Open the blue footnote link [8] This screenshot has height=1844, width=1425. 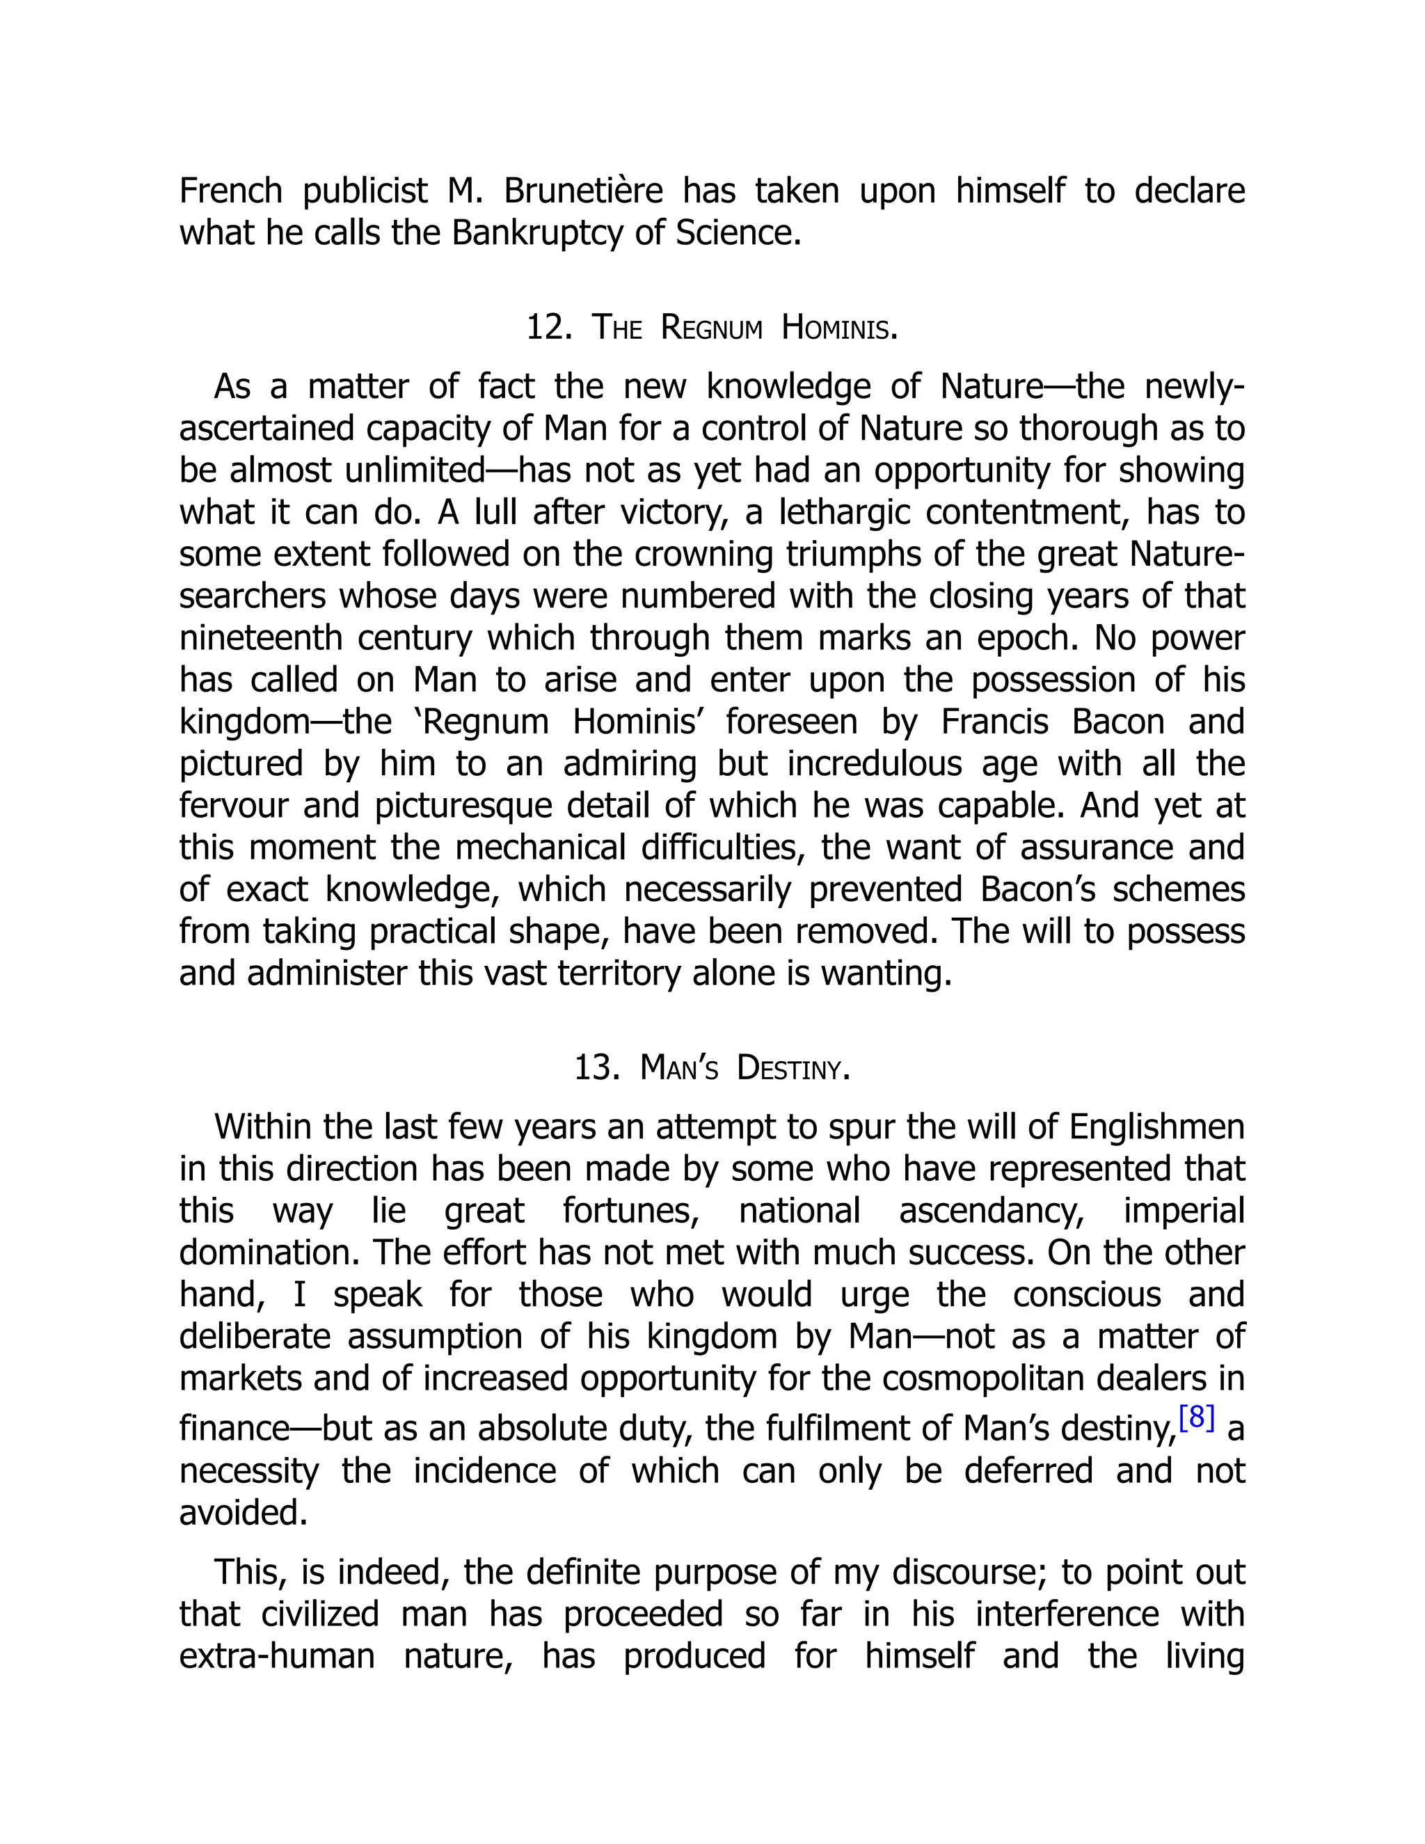pos(1196,1417)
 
